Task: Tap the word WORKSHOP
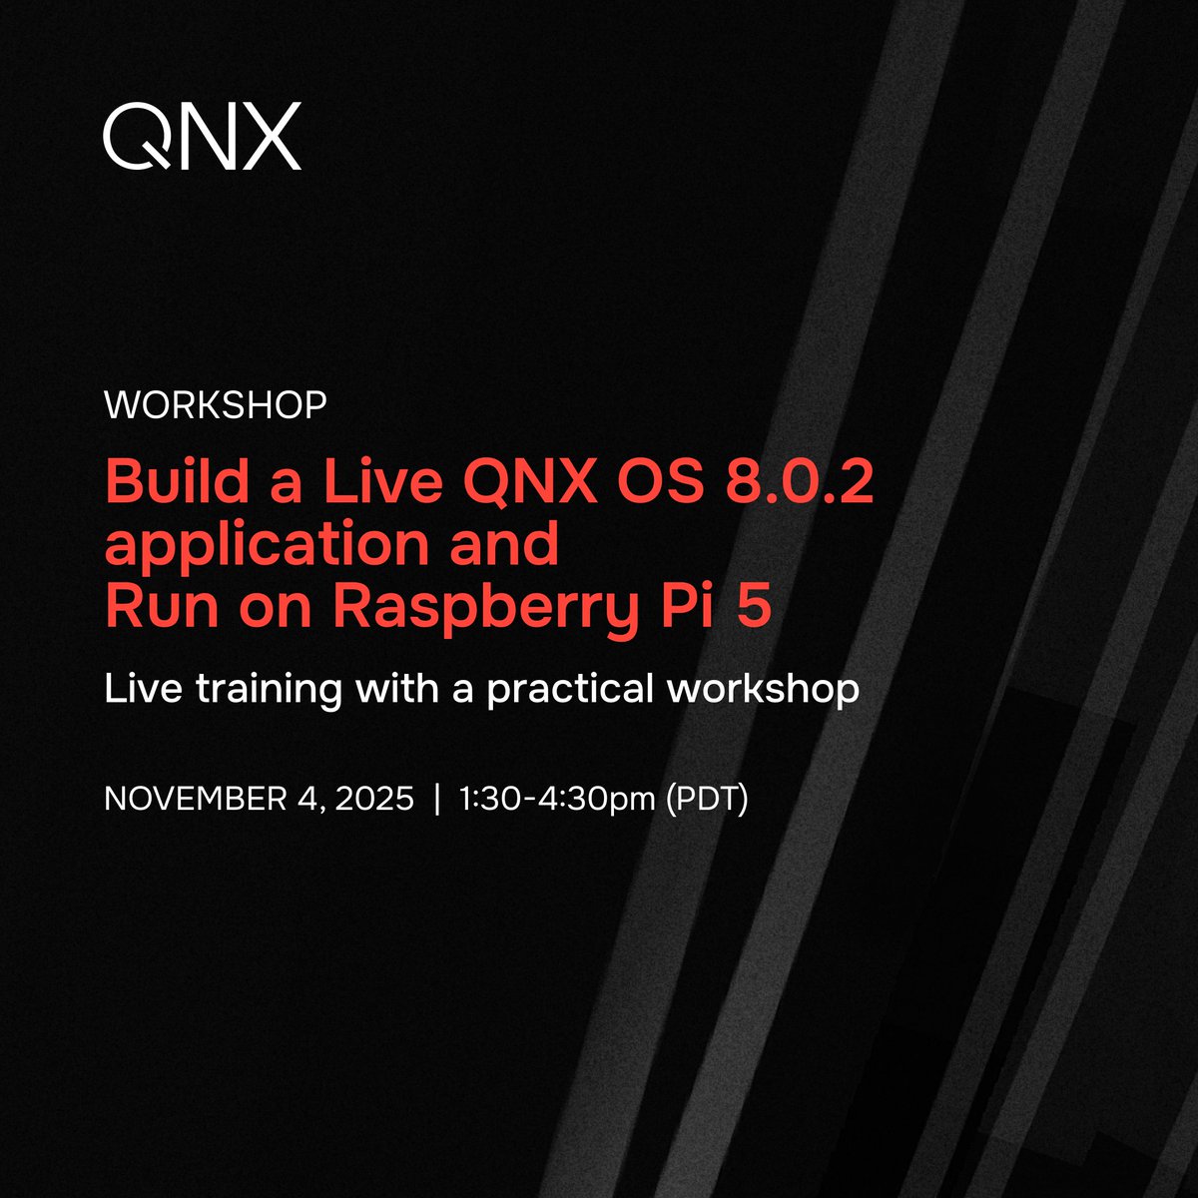tap(216, 405)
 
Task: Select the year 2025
tap(372, 800)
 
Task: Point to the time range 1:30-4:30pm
tap(557, 800)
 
